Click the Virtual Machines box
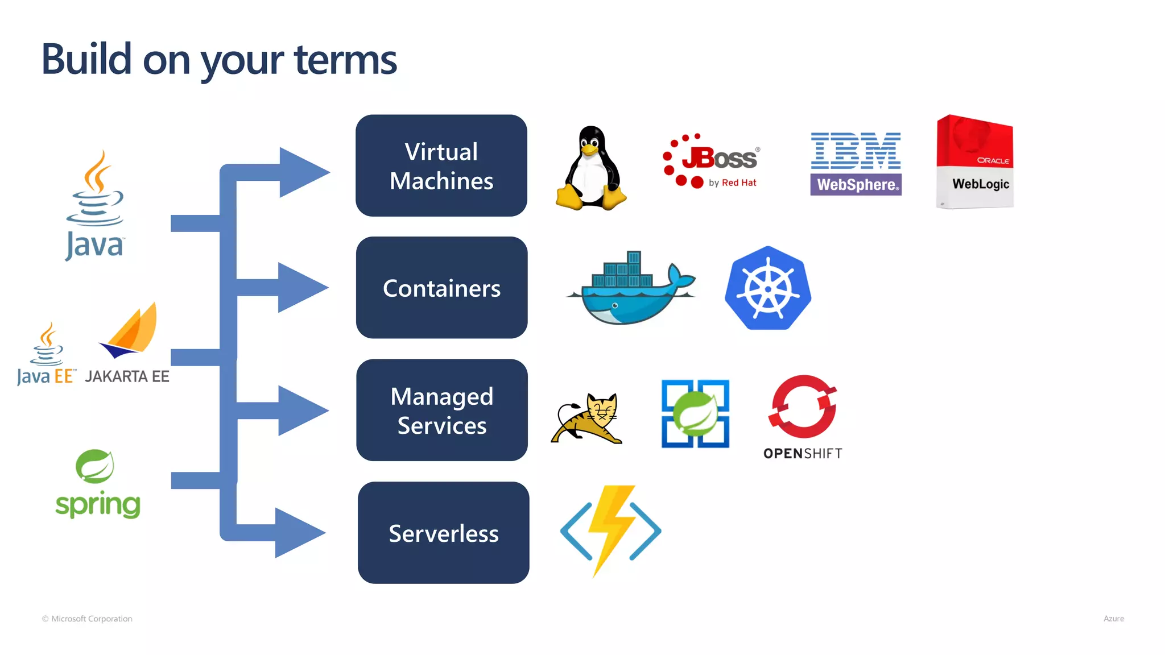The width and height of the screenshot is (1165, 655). pos(441,165)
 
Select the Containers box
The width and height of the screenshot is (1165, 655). pos(441,288)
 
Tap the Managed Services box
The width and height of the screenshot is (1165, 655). pos(441,410)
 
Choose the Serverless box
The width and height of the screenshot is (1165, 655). pos(443,533)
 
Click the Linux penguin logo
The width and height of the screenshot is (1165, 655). pos(591,169)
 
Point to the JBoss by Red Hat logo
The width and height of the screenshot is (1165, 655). pos(711,161)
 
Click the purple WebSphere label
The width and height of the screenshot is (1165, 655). pos(856,185)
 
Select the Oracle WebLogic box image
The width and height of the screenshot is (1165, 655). pos(974,162)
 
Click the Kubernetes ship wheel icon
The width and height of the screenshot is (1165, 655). pos(768,288)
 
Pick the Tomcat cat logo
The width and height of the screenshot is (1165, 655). pos(587,418)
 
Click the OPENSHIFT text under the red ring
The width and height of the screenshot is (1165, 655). pos(802,453)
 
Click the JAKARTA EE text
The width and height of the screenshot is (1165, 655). pos(127,376)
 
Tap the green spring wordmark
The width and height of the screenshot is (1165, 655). pos(98,504)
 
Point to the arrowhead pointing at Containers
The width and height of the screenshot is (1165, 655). pos(301,287)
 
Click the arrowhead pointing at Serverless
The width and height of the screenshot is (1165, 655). pos(299,533)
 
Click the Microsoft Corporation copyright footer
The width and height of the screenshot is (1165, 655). pos(87,619)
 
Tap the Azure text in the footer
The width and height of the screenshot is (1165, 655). pos(1113,619)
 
